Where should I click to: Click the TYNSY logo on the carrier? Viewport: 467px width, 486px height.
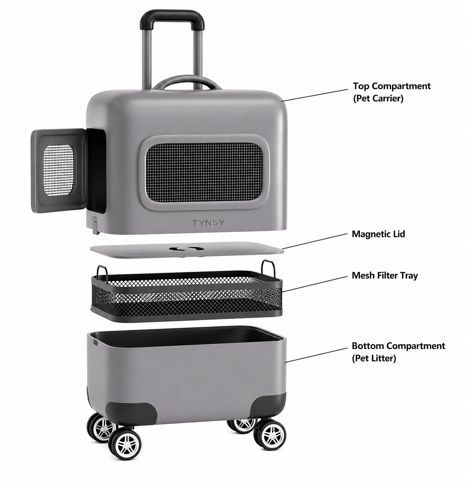[208, 222]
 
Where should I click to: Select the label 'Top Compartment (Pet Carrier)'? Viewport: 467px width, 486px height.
[391, 92]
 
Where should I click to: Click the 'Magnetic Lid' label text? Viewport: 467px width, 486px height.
[378, 234]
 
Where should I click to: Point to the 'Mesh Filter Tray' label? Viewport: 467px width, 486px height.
[385, 276]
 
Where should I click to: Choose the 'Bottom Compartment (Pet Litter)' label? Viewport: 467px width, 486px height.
[399, 352]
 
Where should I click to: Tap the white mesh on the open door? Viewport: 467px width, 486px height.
[59, 170]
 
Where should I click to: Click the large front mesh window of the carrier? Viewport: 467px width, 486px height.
[204, 173]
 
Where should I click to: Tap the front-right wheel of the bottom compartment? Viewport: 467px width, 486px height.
[270, 435]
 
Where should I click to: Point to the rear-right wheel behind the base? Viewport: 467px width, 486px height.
[242, 425]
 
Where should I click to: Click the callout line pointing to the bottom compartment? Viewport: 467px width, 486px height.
[316, 355]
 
